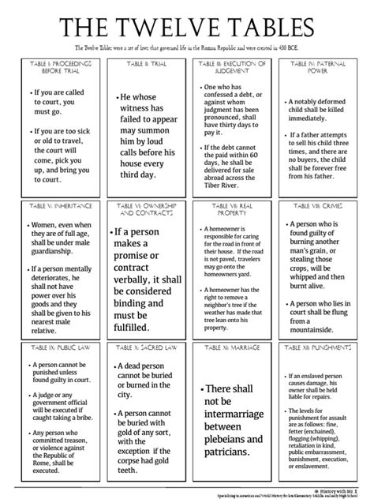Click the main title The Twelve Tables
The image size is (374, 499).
pyautogui.click(x=187, y=28)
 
